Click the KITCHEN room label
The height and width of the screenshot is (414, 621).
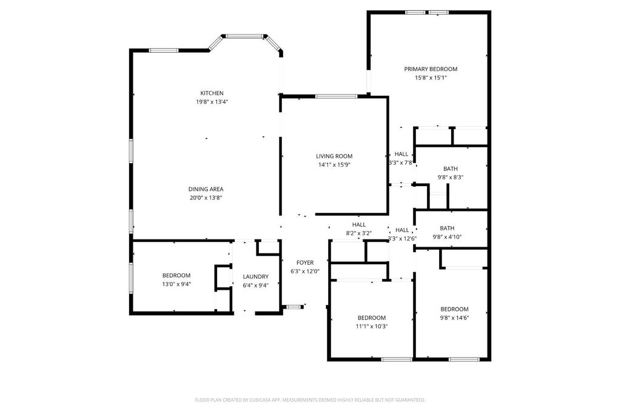tap(212, 93)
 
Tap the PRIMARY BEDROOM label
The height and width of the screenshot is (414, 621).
tap(431, 69)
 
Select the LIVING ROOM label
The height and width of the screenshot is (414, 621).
tap(334, 156)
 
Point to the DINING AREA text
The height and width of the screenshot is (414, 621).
tap(206, 189)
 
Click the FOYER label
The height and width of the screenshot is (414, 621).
tap(305, 262)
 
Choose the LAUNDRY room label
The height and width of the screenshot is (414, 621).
tap(255, 276)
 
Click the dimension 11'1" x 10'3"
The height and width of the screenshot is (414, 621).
tap(371, 327)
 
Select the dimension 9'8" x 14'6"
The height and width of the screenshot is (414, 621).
tap(454, 318)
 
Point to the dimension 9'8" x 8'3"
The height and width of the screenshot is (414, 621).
tap(450, 178)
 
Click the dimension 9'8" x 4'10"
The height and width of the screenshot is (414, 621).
tap(448, 237)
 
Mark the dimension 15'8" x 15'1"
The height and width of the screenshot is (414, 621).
tap(431, 78)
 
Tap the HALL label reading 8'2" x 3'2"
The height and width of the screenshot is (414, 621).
tap(358, 233)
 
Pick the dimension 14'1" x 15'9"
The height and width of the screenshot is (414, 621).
tap(334, 165)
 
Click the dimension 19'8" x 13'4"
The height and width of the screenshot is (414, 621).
tap(212, 102)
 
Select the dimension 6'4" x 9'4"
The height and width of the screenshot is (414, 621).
tap(255, 285)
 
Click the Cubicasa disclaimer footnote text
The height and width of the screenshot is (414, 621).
tap(310, 400)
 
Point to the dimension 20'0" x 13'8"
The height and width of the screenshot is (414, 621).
tap(206, 198)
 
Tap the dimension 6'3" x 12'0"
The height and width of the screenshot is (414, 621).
tap(305, 272)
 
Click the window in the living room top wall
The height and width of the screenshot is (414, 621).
tap(336, 96)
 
